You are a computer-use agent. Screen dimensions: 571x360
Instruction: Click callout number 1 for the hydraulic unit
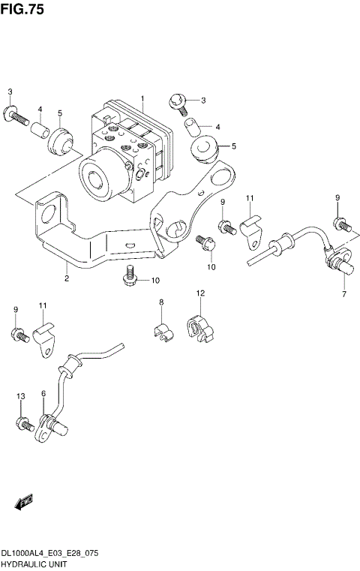tap(142, 99)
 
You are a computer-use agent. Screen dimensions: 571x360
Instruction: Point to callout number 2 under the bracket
tap(66, 279)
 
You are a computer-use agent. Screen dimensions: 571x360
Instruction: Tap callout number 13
tap(20, 395)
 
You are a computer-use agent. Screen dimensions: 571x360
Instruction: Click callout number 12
tap(200, 293)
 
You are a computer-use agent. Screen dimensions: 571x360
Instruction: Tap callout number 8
tap(160, 302)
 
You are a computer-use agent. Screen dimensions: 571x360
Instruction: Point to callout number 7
tap(344, 294)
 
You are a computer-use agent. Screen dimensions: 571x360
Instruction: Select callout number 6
tap(43, 394)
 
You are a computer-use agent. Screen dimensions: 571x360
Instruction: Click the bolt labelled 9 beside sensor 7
tap(340, 222)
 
